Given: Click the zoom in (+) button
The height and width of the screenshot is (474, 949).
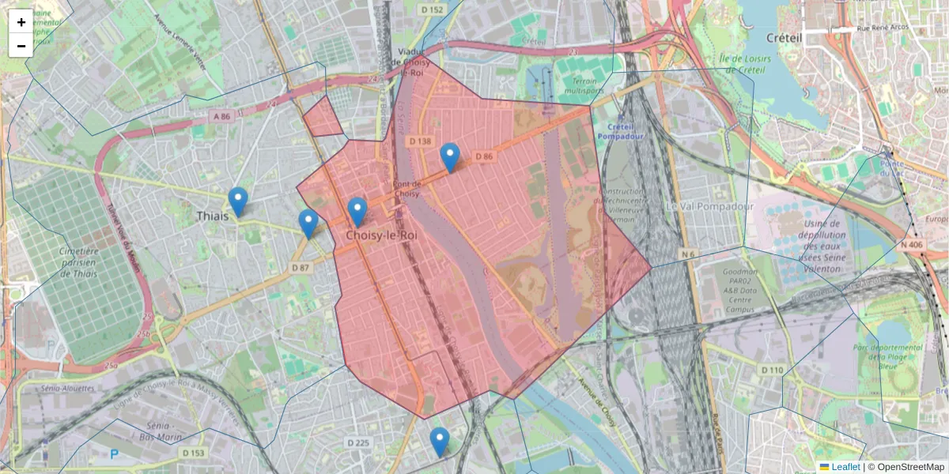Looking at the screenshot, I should [21, 22].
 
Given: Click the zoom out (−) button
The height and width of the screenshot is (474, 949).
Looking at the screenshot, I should [21, 46].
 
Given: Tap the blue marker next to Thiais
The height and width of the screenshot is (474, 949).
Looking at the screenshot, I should [237, 201].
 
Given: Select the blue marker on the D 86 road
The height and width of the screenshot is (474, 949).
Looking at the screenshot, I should [450, 157].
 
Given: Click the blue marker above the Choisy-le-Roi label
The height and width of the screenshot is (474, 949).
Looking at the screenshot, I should [357, 212].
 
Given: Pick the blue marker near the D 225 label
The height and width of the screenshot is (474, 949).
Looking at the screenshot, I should [439, 442].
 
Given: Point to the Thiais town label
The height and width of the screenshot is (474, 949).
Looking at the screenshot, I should [213, 216].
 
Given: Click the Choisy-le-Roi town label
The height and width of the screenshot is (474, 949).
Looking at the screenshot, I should [381, 235].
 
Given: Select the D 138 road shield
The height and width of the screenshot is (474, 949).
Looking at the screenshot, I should [421, 141].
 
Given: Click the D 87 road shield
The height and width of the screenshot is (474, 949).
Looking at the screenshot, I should [301, 268].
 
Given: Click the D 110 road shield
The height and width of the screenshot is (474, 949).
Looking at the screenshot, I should [772, 370].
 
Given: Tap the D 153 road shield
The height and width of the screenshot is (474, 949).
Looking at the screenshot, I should [193, 453].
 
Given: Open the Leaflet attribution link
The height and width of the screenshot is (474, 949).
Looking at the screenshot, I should [845, 467].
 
